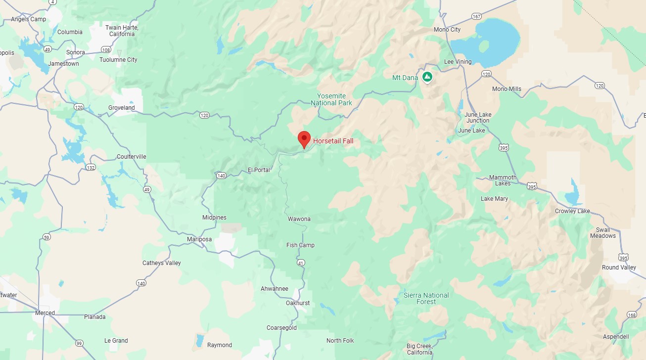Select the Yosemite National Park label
[331, 99]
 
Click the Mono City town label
[447, 30]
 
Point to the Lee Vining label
[458, 62]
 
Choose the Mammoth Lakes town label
[503, 180]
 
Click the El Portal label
[259, 170]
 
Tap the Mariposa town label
[199, 239]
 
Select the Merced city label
[45, 313]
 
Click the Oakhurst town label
[298, 303]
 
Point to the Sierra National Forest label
[426, 298]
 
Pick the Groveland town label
[122, 108]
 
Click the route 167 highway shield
[476, 17]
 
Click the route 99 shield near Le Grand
[79, 343]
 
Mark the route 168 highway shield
[631, 315]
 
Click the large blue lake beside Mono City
[487, 42]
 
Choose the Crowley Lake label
[572, 211]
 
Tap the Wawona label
[299, 219]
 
